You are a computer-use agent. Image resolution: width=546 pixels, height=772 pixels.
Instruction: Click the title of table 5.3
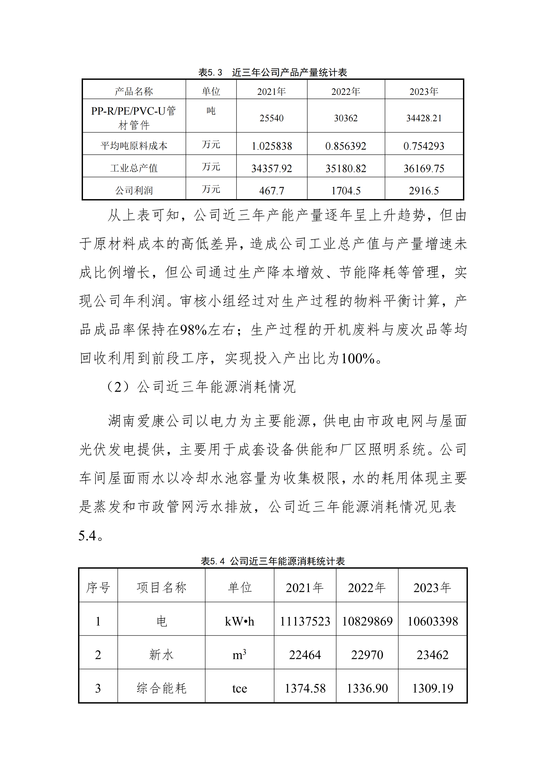273,72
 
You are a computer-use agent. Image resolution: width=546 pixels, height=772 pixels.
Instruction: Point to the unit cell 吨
211,111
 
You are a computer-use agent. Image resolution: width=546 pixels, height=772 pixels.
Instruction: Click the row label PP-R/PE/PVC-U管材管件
134,118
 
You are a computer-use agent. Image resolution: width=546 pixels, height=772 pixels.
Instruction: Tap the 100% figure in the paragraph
358,358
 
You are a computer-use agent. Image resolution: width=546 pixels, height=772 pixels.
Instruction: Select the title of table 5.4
273,561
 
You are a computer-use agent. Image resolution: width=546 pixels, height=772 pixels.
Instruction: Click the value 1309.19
433,688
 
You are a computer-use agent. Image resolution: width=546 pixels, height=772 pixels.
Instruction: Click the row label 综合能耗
161,688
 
